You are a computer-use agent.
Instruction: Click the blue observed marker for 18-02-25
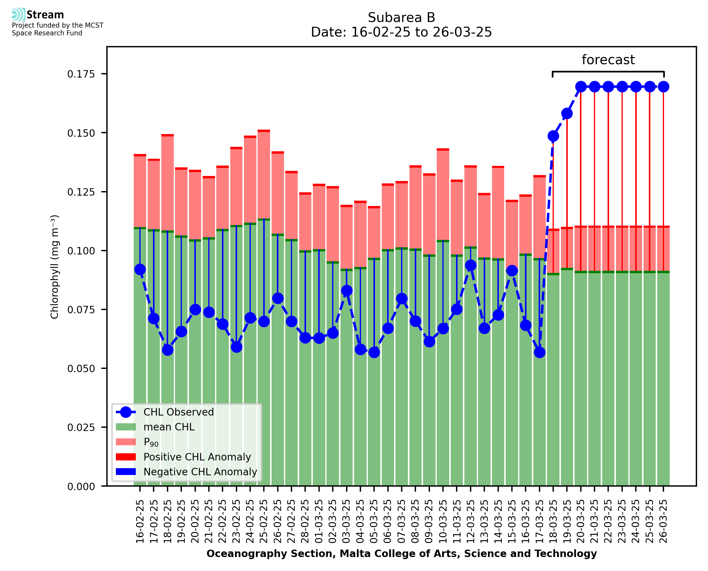point(167,350)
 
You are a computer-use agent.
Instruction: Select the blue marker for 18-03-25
point(553,136)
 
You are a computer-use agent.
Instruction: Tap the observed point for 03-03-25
point(346,290)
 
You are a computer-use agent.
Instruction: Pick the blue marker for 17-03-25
point(539,352)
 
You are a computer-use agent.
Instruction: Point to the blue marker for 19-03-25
point(567,114)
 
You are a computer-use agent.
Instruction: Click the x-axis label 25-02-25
point(264,521)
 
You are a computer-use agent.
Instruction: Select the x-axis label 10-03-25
point(443,521)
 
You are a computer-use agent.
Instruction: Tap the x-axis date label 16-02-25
point(140,521)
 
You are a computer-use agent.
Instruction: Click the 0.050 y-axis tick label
point(81,369)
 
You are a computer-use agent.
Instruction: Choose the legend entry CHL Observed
point(179,412)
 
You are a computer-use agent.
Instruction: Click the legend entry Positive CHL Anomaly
point(197,457)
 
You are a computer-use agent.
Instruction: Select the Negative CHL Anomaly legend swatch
point(126,471)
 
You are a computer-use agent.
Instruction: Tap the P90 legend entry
point(151,442)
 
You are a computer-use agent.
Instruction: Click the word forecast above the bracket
point(608,60)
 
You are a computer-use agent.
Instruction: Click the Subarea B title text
point(401,18)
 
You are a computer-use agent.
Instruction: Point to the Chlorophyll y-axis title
point(55,266)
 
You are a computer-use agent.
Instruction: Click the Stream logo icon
point(18,15)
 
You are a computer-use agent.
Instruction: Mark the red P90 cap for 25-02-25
point(264,131)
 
